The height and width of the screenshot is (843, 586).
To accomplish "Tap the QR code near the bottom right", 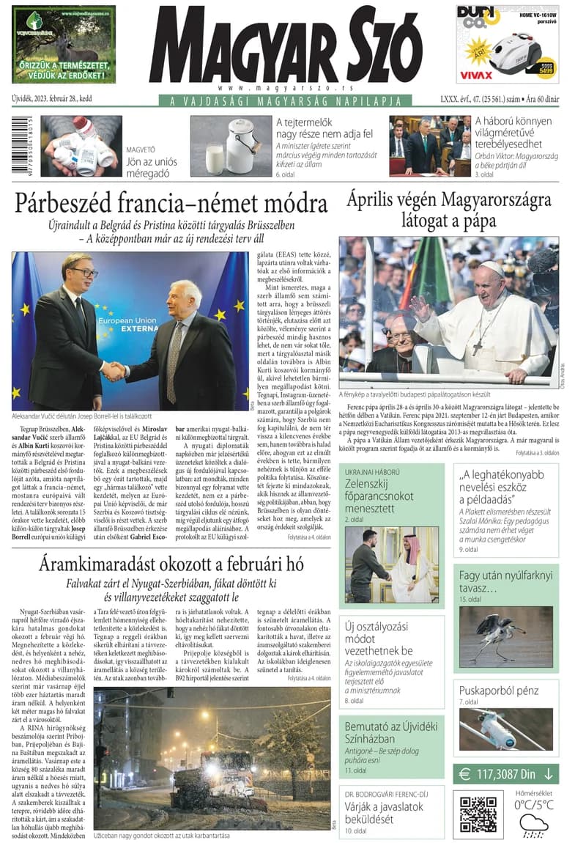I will (478, 812).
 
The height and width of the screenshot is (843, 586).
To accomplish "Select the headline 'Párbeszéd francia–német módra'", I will (171, 202).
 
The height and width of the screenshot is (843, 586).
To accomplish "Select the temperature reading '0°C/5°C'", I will (533, 804).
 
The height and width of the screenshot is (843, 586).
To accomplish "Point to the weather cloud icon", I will (533, 825).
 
